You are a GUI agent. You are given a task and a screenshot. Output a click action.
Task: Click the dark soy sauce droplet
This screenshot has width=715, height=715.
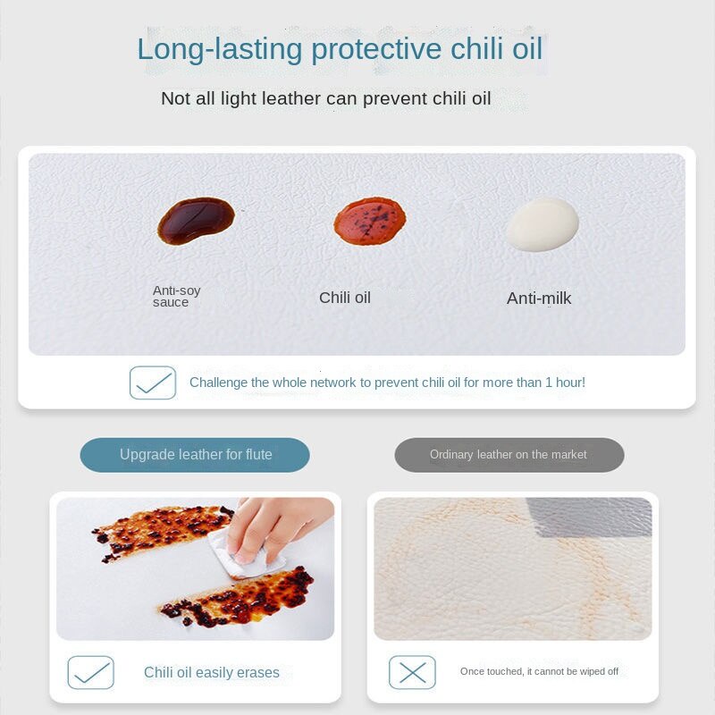pos(196,221)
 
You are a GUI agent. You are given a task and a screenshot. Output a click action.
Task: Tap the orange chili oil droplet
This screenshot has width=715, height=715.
pos(370,221)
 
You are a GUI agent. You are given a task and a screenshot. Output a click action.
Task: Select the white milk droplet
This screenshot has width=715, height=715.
pos(543,224)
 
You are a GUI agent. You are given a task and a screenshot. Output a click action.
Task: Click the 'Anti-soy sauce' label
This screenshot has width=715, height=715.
pos(176,297)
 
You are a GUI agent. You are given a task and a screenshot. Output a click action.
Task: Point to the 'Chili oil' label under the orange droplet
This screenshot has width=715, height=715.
pos(345,298)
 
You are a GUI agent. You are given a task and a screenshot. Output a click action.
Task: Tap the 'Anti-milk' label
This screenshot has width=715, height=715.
pos(539,299)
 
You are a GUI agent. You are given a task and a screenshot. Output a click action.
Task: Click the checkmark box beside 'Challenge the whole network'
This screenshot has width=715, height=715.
pos(153,383)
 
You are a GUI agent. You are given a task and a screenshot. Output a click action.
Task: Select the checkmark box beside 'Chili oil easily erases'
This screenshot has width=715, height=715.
pos(91,672)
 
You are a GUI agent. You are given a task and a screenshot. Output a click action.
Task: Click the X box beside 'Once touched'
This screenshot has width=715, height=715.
pos(412,672)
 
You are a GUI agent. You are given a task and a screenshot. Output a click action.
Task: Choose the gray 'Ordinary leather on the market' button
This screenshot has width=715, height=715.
pos(509,455)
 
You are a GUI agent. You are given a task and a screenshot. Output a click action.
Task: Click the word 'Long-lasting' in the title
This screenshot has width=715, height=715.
pos(220,49)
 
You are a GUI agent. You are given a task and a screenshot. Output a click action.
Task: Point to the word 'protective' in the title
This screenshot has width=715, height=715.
pos(376,49)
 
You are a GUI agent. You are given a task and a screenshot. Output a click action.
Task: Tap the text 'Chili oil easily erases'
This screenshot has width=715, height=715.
pos(212,673)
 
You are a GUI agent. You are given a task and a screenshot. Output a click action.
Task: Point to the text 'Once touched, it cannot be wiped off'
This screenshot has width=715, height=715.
pos(539,672)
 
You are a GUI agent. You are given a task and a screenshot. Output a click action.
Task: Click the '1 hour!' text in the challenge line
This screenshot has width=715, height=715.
pos(566,383)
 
